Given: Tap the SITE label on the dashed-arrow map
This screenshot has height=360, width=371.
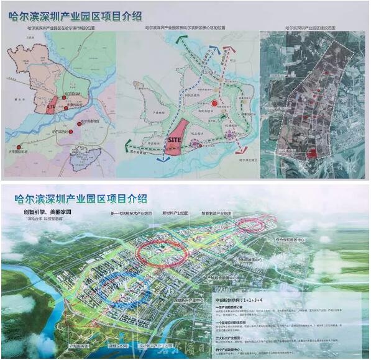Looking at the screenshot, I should (x=175, y=141).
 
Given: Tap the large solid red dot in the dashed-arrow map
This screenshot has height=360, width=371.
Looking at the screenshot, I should (x=214, y=104).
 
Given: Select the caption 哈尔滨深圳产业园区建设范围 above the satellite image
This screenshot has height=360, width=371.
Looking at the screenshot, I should (x=311, y=28).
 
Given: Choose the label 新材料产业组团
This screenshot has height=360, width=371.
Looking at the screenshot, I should (x=180, y=213).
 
